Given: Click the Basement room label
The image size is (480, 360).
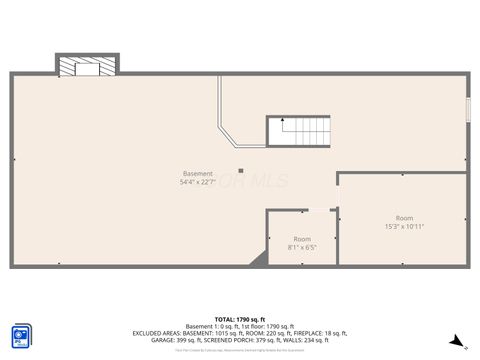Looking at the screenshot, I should pos(197,174).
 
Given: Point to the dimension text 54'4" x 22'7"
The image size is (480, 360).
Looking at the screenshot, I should pos(197,182).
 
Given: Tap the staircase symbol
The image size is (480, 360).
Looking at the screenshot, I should pos(298,130).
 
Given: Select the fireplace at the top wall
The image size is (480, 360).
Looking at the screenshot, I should pos(88,65).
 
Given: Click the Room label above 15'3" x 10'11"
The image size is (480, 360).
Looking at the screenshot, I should pos(404,218).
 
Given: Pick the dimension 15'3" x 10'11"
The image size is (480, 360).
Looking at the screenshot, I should pos(404,226).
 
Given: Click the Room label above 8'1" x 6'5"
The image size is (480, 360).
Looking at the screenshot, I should pos(302,239).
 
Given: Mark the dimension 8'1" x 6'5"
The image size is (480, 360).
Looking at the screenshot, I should pos(302,247).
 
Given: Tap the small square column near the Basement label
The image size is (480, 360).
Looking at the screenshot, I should pos(240,170).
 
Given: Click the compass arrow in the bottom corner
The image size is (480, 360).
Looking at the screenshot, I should pos(457,341).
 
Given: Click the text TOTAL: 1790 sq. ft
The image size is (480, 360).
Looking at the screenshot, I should pos(240,318).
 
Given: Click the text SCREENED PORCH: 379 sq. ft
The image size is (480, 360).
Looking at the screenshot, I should pos(250,339).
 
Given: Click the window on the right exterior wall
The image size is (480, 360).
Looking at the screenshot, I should pos(467,110).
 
